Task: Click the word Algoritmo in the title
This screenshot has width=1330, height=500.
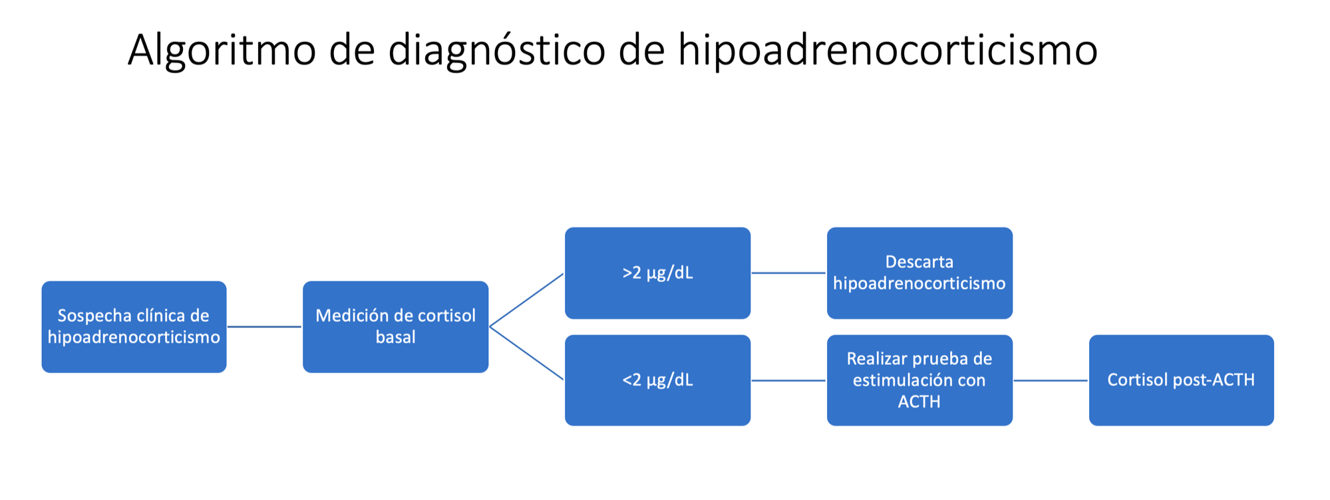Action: tap(222, 51)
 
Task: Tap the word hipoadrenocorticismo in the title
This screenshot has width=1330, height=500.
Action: tap(888, 51)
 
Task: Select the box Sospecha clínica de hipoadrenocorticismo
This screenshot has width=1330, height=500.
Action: tap(134, 326)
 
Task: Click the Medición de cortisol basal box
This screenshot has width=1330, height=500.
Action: tap(395, 326)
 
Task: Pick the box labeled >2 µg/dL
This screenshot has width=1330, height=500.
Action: tap(657, 273)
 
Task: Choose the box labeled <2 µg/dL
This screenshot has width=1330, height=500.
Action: tap(657, 380)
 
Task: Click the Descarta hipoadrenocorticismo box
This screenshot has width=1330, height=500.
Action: tap(919, 273)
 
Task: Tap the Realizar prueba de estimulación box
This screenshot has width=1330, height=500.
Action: tap(919, 380)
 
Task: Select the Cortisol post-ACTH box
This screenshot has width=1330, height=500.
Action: tap(1181, 380)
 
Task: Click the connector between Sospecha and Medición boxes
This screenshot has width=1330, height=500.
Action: tap(265, 326)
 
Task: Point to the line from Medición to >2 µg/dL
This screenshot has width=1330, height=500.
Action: tap(527, 300)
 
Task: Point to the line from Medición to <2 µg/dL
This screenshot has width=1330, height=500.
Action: tap(527, 353)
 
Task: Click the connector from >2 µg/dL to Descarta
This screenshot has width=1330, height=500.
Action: tap(788, 273)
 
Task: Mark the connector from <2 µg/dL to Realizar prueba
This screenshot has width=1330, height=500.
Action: tap(788, 380)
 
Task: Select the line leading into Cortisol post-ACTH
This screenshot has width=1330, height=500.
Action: tap(1051, 380)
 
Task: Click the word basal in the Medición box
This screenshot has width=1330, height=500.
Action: tap(395, 337)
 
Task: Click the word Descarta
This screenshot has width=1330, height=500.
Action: tap(919, 262)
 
